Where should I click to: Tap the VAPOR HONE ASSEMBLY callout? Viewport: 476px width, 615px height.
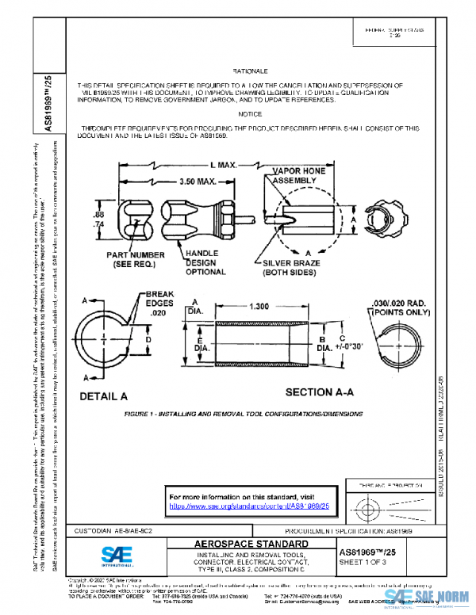294,175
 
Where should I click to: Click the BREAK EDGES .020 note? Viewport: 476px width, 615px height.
163,304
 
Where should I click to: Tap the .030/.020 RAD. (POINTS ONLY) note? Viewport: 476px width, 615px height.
401,306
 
